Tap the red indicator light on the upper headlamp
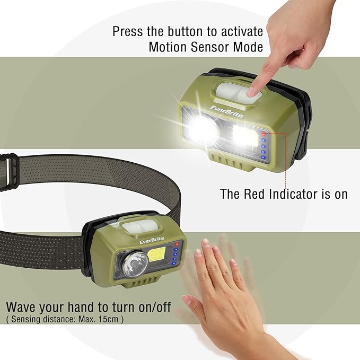[264, 134]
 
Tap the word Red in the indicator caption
[255, 194]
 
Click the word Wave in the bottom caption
[22, 307]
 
